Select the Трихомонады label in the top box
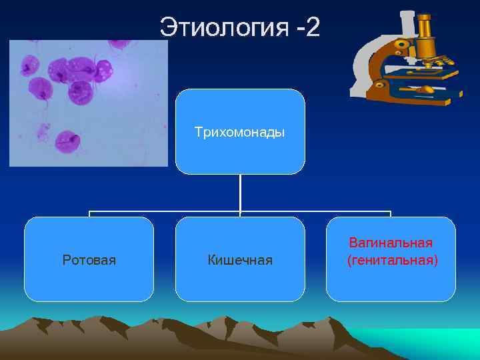click(x=239, y=132)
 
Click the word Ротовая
click(x=89, y=259)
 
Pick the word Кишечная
click(x=239, y=259)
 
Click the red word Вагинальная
click(x=391, y=243)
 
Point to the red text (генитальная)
click(x=392, y=260)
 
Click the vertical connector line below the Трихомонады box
click(x=240, y=193)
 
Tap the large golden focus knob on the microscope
click(x=401, y=45)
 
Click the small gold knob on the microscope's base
click(x=380, y=85)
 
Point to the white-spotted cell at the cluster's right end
click(x=104, y=68)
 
